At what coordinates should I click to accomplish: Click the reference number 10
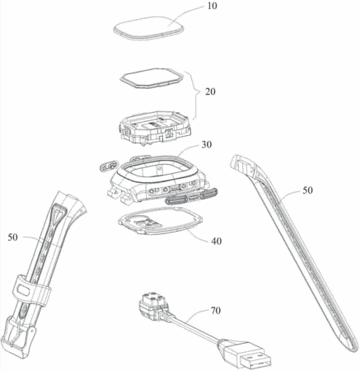pyautogui.click(x=212, y=6)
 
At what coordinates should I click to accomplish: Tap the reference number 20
pyautogui.click(x=210, y=92)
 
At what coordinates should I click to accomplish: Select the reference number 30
pyautogui.click(x=207, y=144)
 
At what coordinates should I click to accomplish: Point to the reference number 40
pyautogui.click(x=217, y=241)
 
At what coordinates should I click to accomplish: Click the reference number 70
pyautogui.click(x=216, y=310)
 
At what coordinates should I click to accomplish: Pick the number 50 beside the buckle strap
pyautogui.click(x=12, y=237)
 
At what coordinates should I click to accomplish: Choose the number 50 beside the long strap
pyautogui.click(x=307, y=190)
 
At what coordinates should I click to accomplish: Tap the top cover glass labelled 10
pyautogui.click(x=148, y=29)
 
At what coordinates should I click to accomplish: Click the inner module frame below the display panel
pyautogui.click(x=155, y=127)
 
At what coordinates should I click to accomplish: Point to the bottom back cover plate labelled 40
pyautogui.click(x=161, y=221)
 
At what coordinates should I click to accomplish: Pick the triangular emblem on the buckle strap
pyautogui.click(x=58, y=213)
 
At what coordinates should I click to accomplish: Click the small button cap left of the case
pyautogui.click(x=109, y=167)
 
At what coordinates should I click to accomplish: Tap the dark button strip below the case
pyautogui.click(x=191, y=196)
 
